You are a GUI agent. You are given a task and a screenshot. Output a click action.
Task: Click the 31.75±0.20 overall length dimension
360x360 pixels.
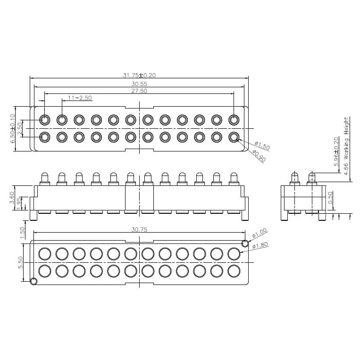(139, 75)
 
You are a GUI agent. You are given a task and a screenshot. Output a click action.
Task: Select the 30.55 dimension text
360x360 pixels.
(139, 84)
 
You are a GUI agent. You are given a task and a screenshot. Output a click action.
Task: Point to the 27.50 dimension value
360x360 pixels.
(139, 91)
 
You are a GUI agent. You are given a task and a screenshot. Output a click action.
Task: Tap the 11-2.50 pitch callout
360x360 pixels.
(80, 98)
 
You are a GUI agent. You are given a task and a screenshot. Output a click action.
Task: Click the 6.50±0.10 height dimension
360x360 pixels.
(13, 128)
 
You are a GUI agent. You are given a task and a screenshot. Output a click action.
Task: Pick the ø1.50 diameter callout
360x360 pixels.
(262, 145)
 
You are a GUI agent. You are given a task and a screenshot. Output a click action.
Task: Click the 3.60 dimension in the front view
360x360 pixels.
(12, 197)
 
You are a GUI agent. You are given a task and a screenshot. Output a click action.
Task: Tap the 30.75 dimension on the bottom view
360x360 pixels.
(139, 229)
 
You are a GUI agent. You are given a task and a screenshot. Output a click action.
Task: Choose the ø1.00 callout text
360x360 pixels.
(260, 233)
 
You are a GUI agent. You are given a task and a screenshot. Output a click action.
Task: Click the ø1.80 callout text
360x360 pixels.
(260, 245)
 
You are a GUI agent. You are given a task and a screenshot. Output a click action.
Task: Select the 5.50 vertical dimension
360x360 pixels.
(20, 262)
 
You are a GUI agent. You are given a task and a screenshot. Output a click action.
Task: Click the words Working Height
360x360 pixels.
(346, 139)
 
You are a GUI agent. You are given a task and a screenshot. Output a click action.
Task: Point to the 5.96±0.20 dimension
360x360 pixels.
(336, 151)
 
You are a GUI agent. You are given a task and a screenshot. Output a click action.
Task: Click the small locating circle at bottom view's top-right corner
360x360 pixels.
(244, 243)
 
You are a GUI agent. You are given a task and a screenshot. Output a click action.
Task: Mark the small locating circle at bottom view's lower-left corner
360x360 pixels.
(33, 282)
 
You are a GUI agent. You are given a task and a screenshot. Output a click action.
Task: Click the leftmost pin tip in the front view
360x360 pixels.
(44, 175)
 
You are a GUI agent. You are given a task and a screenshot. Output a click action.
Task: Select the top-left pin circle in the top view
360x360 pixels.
(44, 120)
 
